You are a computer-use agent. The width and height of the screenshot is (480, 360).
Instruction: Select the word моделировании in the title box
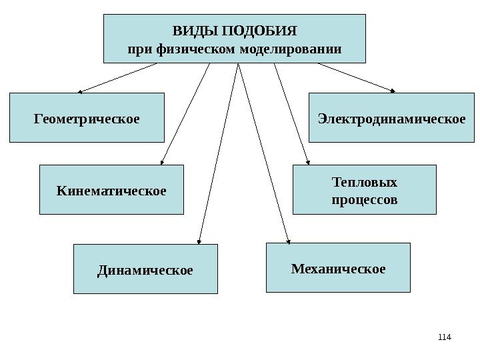tap(302, 49)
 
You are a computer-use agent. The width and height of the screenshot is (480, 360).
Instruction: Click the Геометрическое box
tap(87, 119)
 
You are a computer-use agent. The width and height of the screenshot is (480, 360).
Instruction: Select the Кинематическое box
tap(111, 191)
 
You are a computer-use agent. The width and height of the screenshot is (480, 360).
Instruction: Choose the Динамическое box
tap(145, 270)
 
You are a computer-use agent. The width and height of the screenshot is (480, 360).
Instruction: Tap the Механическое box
tap(338, 269)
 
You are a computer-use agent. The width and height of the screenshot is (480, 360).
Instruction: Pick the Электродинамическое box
tap(391, 119)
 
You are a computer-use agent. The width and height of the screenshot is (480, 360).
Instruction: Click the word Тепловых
tap(364, 182)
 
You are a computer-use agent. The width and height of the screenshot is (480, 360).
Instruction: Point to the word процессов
tap(364, 199)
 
